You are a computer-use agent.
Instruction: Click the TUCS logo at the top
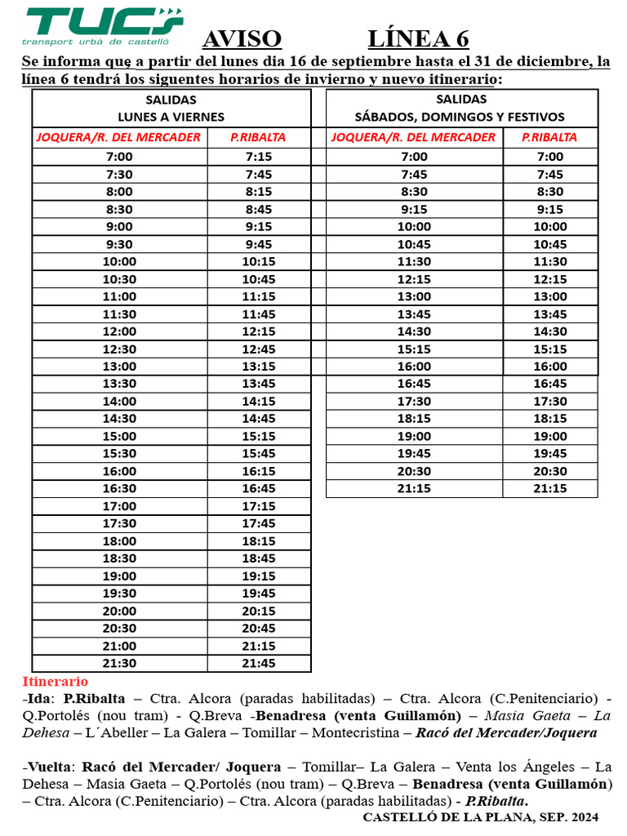102,26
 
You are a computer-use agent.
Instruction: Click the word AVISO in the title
241,39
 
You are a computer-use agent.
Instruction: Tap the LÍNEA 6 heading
418,39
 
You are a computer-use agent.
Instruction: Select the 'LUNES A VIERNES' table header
171,117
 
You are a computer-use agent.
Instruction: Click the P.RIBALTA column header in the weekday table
258,137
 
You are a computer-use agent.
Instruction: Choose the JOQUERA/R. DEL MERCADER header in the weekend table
413,137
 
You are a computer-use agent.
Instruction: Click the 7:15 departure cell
258,157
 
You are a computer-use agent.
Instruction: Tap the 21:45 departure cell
258,663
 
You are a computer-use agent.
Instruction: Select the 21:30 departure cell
119,663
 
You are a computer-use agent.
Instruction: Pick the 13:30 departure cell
119,384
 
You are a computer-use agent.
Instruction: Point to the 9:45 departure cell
258,244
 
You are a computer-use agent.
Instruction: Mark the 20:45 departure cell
258,628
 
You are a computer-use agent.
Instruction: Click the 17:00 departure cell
119,506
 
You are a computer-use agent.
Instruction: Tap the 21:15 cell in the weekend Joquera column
414,488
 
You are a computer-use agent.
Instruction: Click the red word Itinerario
55,681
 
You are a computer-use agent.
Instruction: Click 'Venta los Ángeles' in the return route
514,767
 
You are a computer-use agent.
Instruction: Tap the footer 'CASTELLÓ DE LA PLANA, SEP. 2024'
480,816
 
